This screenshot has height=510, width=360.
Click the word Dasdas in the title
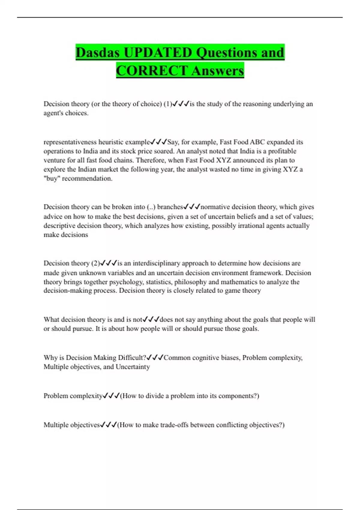pos(98,52)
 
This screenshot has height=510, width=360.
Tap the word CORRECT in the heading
pos(152,71)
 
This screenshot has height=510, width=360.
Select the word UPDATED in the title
pos(158,52)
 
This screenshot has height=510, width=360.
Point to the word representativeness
pos(70,142)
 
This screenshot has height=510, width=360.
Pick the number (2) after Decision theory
pos(95,263)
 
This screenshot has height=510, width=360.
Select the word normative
pos(215,207)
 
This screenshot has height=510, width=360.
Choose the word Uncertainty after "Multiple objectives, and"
pos(133,367)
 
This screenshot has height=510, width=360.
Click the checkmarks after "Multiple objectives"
pos(108,425)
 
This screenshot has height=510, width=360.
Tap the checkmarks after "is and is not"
pos(151,319)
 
